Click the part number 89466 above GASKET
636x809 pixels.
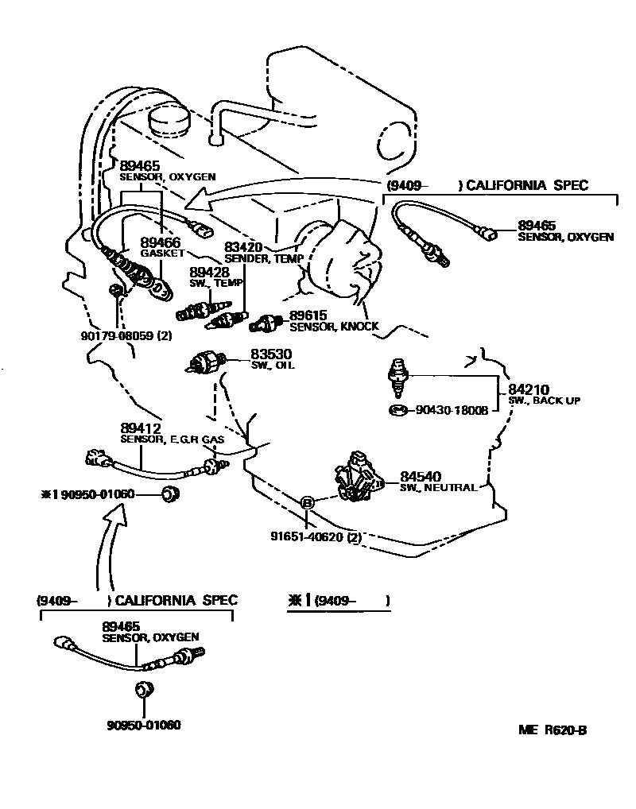click(161, 242)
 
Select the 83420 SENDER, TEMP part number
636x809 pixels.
click(243, 247)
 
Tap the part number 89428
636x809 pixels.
click(208, 272)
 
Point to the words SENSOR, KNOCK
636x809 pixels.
click(334, 327)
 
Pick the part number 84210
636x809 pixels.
click(529, 389)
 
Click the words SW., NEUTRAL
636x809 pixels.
click(438, 487)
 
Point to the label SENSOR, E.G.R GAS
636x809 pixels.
click(172, 439)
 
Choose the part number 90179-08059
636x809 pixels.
click(116, 336)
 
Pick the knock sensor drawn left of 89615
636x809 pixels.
click(265, 323)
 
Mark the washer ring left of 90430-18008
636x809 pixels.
click(398, 410)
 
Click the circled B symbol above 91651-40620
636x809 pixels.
click(308, 502)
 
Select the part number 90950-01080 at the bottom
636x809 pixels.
click(144, 725)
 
